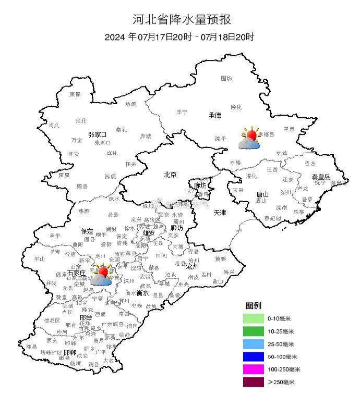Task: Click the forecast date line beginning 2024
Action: click(x=179, y=37)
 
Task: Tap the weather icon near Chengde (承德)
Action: click(x=250, y=139)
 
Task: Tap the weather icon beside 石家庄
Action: click(x=102, y=275)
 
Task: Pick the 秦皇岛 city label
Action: click(x=321, y=177)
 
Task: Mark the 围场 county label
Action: click(x=226, y=78)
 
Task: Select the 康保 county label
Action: click(x=75, y=94)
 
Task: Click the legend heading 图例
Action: click(x=253, y=305)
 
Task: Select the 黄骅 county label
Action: click(x=220, y=258)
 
